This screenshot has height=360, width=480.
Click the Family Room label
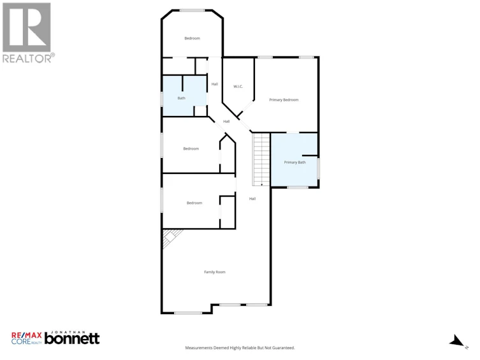[x=215, y=272]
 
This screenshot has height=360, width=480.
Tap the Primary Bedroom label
[x=284, y=99]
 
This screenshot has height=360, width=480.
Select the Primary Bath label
[x=295, y=162]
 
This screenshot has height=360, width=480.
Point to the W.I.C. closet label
[x=238, y=87]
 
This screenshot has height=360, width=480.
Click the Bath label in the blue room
[x=182, y=98]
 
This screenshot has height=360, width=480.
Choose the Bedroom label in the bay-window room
[x=193, y=38]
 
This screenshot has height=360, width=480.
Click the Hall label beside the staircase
[x=252, y=199]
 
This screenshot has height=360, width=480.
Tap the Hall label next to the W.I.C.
[x=215, y=84]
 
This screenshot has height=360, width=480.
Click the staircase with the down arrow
[x=261, y=159]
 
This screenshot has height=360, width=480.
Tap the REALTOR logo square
[x=27, y=27]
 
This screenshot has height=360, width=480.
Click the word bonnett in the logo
[x=72, y=338]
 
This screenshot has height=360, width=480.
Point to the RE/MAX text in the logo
[x=27, y=335]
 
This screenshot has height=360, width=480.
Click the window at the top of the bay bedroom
[x=192, y=11]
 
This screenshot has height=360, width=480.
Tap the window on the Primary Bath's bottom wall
[x=298, y=187]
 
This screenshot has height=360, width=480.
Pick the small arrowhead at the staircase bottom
[x=262, y=184]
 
